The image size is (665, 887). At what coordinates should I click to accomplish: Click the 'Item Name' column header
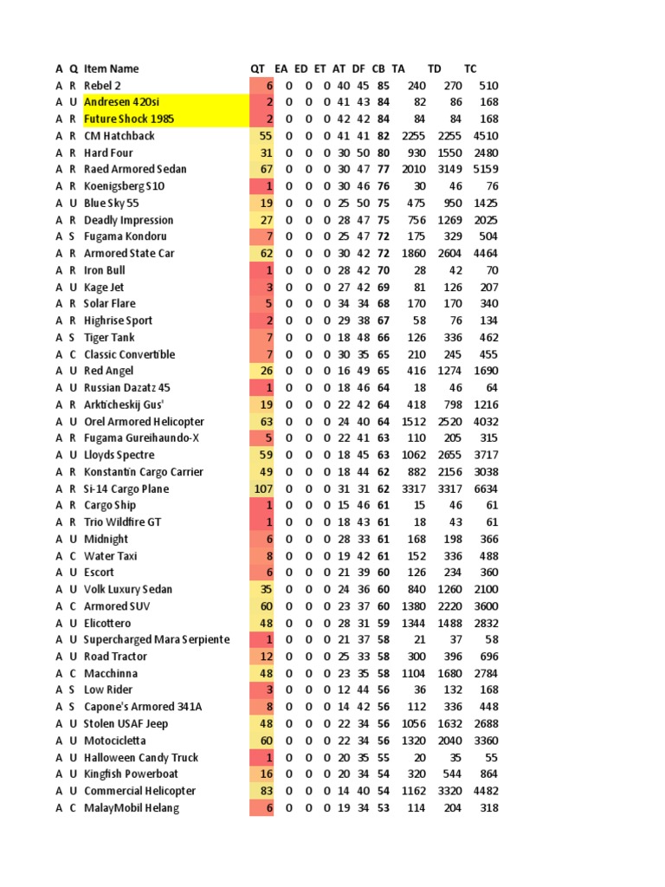click(111, 68)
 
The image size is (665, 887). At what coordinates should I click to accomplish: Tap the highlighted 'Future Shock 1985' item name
click(129, 119)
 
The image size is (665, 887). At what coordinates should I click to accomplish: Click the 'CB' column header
click(378, 68)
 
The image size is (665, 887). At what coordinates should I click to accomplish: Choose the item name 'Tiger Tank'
click(109, 337)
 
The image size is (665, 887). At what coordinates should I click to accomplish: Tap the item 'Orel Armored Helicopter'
click(144, 422)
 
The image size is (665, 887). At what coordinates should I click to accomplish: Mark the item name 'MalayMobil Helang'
click(131, 808)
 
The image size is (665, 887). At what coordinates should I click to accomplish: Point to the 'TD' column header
click(435, 68)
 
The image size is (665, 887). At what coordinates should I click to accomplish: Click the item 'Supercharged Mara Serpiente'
click(157, 639)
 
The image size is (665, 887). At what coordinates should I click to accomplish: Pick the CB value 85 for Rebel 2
click(383, 85)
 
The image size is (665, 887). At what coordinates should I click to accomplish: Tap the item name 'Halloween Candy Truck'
click(140, 757)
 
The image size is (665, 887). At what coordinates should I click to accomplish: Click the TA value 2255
click(413, 136)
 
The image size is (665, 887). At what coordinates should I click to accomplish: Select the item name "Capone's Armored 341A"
click(143, 707)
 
